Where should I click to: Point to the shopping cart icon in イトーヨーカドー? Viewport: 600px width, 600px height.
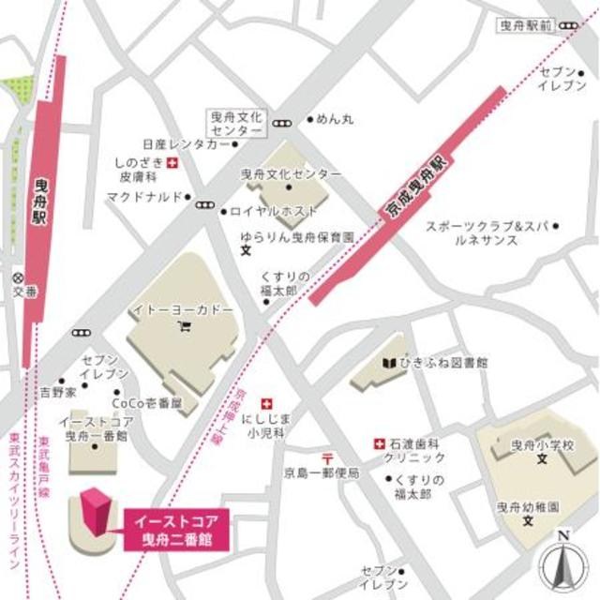pos(185,326)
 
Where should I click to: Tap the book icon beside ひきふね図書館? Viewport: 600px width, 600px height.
pos(388,363)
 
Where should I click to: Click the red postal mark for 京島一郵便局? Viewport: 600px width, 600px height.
pos(326,457)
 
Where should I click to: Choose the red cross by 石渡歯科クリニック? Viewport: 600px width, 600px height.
pos(380,442)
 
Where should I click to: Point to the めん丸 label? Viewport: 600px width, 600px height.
pos(334,119)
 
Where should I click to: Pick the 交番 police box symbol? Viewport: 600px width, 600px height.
pos(16,277)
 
